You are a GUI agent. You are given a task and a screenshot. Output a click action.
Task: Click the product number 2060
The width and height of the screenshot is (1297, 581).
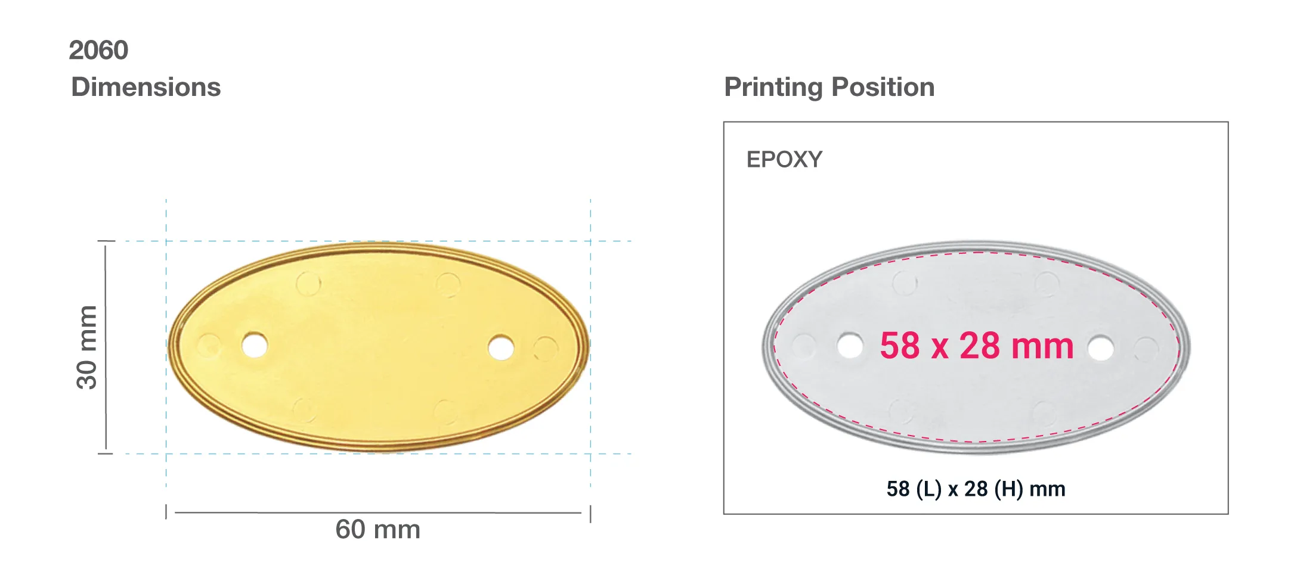98,50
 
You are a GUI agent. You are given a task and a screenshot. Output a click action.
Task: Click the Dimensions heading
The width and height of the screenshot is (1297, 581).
146,87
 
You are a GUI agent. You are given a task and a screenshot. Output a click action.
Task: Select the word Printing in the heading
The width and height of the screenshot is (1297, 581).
773,87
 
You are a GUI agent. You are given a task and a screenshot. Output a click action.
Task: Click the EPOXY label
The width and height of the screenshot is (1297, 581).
784,160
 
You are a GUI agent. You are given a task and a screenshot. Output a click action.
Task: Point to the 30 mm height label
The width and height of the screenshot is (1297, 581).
87,347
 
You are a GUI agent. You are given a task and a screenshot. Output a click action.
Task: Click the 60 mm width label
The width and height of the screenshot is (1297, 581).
378,530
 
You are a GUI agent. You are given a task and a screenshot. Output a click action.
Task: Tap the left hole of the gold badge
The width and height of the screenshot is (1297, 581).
255,345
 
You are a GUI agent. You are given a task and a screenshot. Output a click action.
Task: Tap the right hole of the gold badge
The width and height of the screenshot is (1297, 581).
501,347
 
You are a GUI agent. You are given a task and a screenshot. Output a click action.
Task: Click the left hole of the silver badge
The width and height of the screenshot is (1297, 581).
850,346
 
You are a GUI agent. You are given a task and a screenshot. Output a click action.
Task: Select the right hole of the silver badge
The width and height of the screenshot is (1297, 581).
1100,348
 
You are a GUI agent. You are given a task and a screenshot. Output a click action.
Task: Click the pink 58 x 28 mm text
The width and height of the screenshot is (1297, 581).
976,346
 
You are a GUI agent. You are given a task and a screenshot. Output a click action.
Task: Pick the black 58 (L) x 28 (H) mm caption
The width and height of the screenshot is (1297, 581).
976,489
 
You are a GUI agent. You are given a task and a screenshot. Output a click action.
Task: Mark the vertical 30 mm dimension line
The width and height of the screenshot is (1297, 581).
106,347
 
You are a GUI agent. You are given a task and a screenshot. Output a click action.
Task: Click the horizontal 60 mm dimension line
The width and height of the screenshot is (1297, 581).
378,512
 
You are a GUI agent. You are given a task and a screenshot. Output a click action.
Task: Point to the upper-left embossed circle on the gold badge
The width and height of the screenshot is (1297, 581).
308,284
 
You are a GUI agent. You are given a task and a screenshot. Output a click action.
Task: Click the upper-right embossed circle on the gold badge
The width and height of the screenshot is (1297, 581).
448,285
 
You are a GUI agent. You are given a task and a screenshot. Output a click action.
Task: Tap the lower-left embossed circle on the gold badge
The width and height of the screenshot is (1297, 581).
304,410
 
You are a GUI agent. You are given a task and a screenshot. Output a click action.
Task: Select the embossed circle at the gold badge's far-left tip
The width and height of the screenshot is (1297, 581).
209,345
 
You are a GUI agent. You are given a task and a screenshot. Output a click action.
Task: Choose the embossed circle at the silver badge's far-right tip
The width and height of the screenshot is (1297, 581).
1146,349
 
